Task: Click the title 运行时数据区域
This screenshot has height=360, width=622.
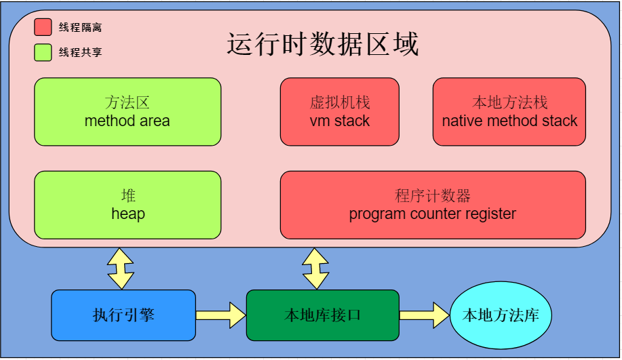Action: click(322, 44)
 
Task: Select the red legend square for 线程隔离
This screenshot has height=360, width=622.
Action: click(43, 27)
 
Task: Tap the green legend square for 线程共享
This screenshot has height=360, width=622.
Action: click(43, 52)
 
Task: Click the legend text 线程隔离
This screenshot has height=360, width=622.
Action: click(80, 28)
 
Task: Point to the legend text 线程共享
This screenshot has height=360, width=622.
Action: click(80, 52)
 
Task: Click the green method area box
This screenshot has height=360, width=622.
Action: click(128, 112)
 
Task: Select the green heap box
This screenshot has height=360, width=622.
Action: click(128, 205)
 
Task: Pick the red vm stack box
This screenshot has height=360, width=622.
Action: click(339, 112)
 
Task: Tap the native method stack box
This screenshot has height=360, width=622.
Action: click(509, 112)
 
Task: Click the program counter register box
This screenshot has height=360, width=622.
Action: click(433, 205)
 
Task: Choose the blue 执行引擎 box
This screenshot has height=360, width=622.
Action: click(123, 315)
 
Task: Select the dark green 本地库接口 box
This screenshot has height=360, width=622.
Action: click(322, 315)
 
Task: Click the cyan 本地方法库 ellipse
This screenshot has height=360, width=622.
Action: click(501, 315)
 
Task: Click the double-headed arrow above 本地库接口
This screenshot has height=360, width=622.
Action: click(315, 268)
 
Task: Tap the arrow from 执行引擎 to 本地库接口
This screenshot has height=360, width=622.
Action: click(220, 315)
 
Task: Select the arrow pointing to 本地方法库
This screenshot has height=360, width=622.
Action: click(425, 315)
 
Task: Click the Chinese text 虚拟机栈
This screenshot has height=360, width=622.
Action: click(339, 103)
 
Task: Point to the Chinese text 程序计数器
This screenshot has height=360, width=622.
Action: click(433, 196)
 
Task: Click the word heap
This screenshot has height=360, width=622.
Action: click(128, 214)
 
